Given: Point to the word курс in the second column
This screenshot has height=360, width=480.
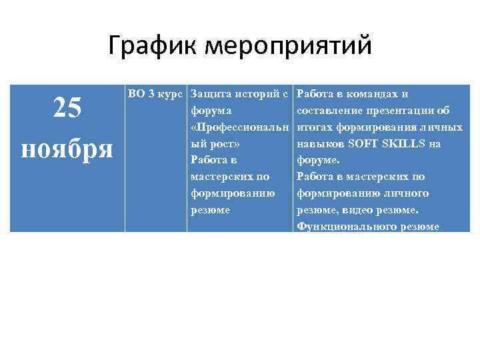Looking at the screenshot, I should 172,93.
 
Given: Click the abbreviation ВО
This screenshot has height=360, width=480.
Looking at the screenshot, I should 137,93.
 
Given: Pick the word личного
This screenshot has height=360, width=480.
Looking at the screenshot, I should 405,193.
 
